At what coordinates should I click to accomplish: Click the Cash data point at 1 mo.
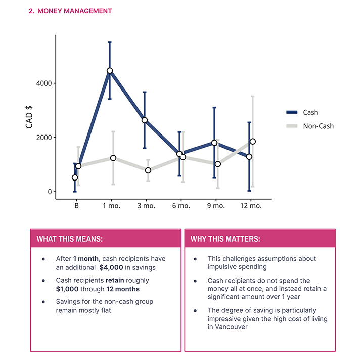110,71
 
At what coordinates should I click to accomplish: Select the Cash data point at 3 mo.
145,120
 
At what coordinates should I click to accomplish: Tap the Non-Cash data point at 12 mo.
252,142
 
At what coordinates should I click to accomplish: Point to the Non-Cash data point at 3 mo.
148,170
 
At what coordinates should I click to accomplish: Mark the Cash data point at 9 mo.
214,143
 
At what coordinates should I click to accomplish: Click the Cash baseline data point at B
75,177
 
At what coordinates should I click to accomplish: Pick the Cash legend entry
302,112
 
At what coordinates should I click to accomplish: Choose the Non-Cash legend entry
309,126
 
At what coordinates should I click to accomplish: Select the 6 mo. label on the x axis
181,206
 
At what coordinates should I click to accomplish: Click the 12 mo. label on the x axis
251,206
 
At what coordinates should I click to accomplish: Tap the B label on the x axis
76,206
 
